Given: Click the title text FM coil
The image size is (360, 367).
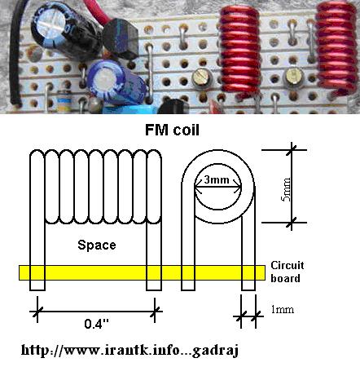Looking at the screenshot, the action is [x=172, y=130].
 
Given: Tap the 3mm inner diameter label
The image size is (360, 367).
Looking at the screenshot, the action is [x=217, y=179].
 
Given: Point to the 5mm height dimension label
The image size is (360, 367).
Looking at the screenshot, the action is [x=286, y=189].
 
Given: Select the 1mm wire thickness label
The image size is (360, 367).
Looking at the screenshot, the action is [x=283, y=309].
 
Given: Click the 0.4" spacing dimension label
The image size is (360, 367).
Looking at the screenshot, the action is [x=96, y=324].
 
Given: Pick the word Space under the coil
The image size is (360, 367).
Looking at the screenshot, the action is [x=97, y=245].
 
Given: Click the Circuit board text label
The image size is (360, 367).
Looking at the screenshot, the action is [x=288, y=272].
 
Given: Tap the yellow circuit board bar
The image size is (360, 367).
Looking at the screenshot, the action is [x=142, y=272].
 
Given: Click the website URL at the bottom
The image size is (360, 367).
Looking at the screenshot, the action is [x=130, y=350].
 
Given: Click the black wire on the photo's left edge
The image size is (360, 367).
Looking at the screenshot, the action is [x=14, y=55].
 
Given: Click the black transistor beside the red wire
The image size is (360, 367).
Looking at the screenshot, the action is [x=121, y=39].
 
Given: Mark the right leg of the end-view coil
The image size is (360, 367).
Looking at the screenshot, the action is [x=248, y=253].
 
